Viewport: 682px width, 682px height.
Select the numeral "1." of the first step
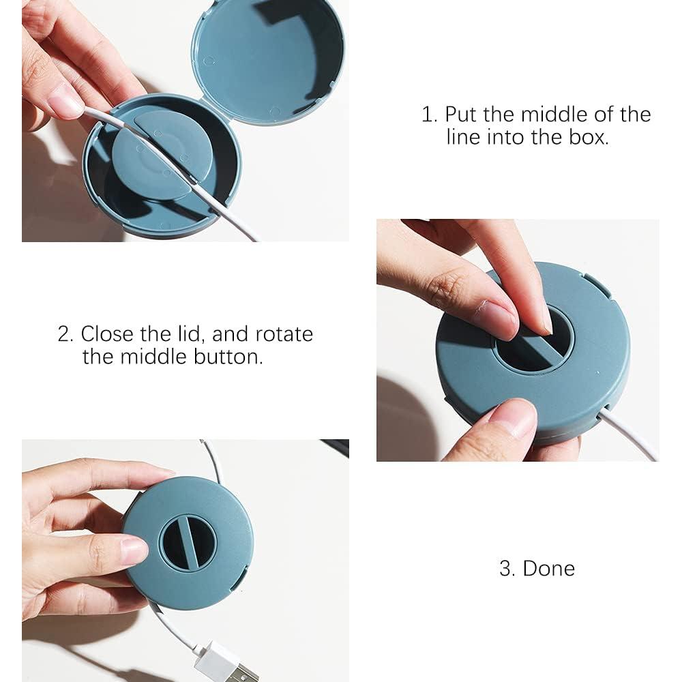coord(430,115)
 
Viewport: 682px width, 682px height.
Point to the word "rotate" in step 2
coord(284,334)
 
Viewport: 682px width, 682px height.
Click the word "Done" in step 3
coord(548,569)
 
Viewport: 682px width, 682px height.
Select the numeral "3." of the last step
coord(507,569)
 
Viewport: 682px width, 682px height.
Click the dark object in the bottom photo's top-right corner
coord(335,447)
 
